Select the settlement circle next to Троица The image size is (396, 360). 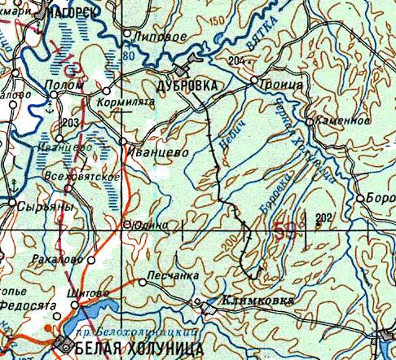(254, 81)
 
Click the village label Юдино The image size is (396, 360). (152, 223)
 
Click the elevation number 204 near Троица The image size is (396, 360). (236, 62)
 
